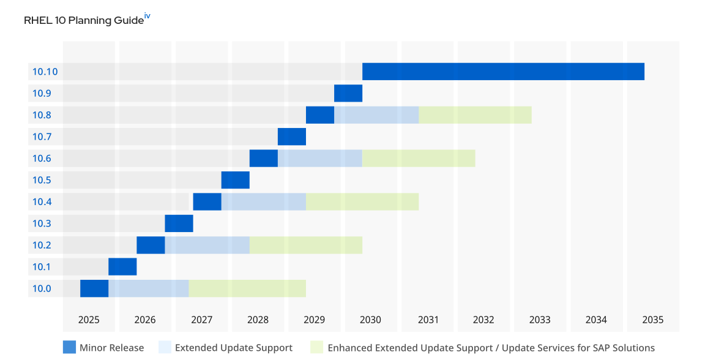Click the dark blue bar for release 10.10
pyautogui.click(x=503, y=72)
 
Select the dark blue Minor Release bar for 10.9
pyautogui.click(x=348, y=93)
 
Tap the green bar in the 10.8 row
pyautogui.click(x=475, y=115)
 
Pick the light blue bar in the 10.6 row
pyautogui.click(x=320, y=159)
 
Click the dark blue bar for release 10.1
pyautogui.click(x=122, y=267)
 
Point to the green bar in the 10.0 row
pyautogui.click(x=247, y=288)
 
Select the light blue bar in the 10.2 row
pyautogui.click(x=207, y=245)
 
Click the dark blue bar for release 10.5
pyautogui.click(x=236, y=180)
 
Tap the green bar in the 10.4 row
pyautogui.click(x=362, y=201)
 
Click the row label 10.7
pyautogui.click(x=42, y=137)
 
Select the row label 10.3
pyautogui.click(x=42, y=223)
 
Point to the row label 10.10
pyautogui.click(x=45, y=72)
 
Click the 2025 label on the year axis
pyautogui.click(x=89, y=320)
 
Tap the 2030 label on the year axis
pyautogui.click(x=370, y=320)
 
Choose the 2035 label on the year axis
pyautogui.click(x=652, y=320)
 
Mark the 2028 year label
pyautogui.click(x=258, y=320)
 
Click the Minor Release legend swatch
pyautogui.click(x=69, y=347)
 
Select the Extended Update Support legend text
pyautogui.click(x=233, y=348)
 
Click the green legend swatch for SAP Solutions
pyautogui.click(x=316, y=347)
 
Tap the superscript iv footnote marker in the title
pyautogui.click(x=147, y=17)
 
